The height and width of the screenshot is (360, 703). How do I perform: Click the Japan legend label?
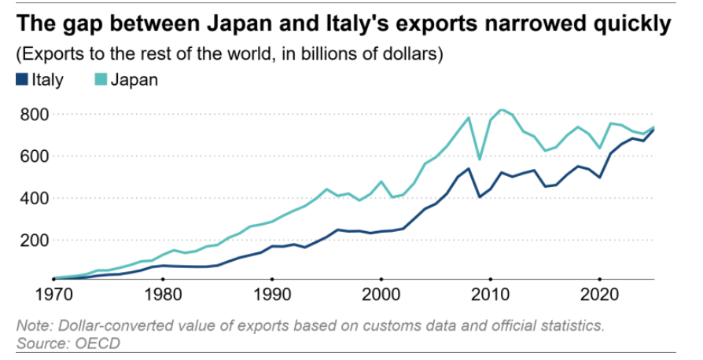134,79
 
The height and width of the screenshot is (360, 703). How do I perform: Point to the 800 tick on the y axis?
35,115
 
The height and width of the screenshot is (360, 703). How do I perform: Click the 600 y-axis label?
35,156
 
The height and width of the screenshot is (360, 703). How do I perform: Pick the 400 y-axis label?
35,199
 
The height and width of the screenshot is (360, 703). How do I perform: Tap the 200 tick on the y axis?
35,241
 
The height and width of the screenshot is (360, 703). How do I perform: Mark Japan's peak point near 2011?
501,109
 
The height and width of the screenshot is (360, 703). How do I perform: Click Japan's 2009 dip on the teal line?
480,160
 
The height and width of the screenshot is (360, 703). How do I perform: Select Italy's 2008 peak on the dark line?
469,168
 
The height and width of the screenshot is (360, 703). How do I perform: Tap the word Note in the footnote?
33,325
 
